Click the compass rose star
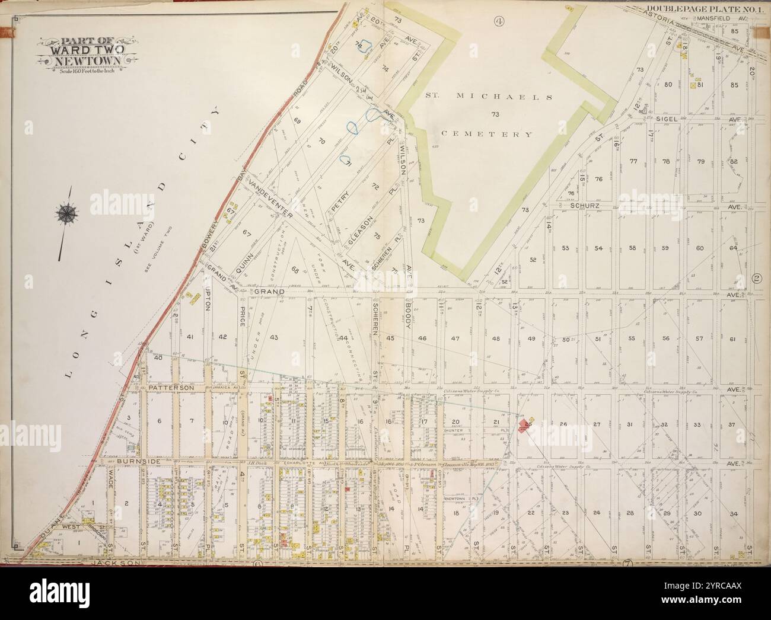66,212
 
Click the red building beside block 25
524,425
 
